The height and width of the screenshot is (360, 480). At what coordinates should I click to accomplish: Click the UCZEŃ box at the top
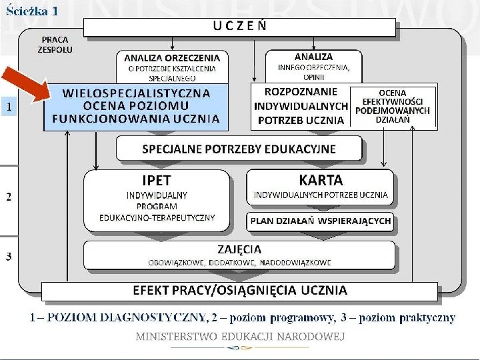pos(240,27)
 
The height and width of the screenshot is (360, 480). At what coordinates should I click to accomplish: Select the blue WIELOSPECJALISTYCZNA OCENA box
pos(136,106)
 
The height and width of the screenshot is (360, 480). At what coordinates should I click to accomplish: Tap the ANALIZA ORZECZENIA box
pos(171,67)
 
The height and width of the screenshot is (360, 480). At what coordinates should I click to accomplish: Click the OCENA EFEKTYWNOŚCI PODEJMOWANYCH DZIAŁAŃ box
pos(393,105)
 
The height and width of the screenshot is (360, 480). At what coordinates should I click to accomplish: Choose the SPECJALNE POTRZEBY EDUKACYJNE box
pos(239,149)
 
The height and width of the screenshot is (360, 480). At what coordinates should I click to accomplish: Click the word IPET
pos(157,180)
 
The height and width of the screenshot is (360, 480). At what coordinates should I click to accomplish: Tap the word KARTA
pos(321,180)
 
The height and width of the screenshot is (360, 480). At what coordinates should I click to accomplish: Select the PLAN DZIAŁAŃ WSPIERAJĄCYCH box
pos(321,221)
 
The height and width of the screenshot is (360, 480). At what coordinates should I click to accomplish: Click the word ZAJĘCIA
pos(239,249)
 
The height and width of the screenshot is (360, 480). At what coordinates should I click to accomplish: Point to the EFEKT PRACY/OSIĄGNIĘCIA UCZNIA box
pos(240,291)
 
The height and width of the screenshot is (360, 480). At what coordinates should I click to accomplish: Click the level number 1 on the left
pos(9,106)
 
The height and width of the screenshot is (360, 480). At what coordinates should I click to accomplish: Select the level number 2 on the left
pos(9,197)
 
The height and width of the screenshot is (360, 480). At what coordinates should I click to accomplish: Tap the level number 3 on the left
pos(9,256)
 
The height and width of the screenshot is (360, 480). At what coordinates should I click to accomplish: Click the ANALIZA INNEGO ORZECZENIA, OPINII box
pos(314,65)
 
